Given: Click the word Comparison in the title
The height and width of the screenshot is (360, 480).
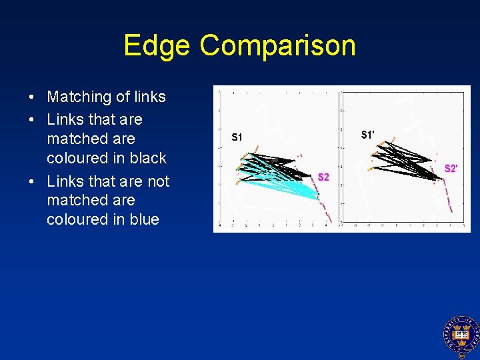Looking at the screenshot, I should point(277,46).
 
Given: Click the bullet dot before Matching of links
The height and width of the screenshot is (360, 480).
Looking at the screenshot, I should point(32,97).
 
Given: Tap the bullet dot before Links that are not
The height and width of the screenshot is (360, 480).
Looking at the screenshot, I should point(32,181).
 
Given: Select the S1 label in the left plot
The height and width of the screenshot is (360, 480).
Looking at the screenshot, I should point(237,137).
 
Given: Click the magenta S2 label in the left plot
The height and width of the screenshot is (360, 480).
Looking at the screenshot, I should point(323,177).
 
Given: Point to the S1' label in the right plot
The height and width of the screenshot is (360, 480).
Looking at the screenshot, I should point(367,135).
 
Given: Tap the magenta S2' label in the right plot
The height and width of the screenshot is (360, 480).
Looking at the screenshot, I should point(451,169).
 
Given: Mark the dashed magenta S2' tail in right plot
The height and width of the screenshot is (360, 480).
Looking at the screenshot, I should point(445,197).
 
